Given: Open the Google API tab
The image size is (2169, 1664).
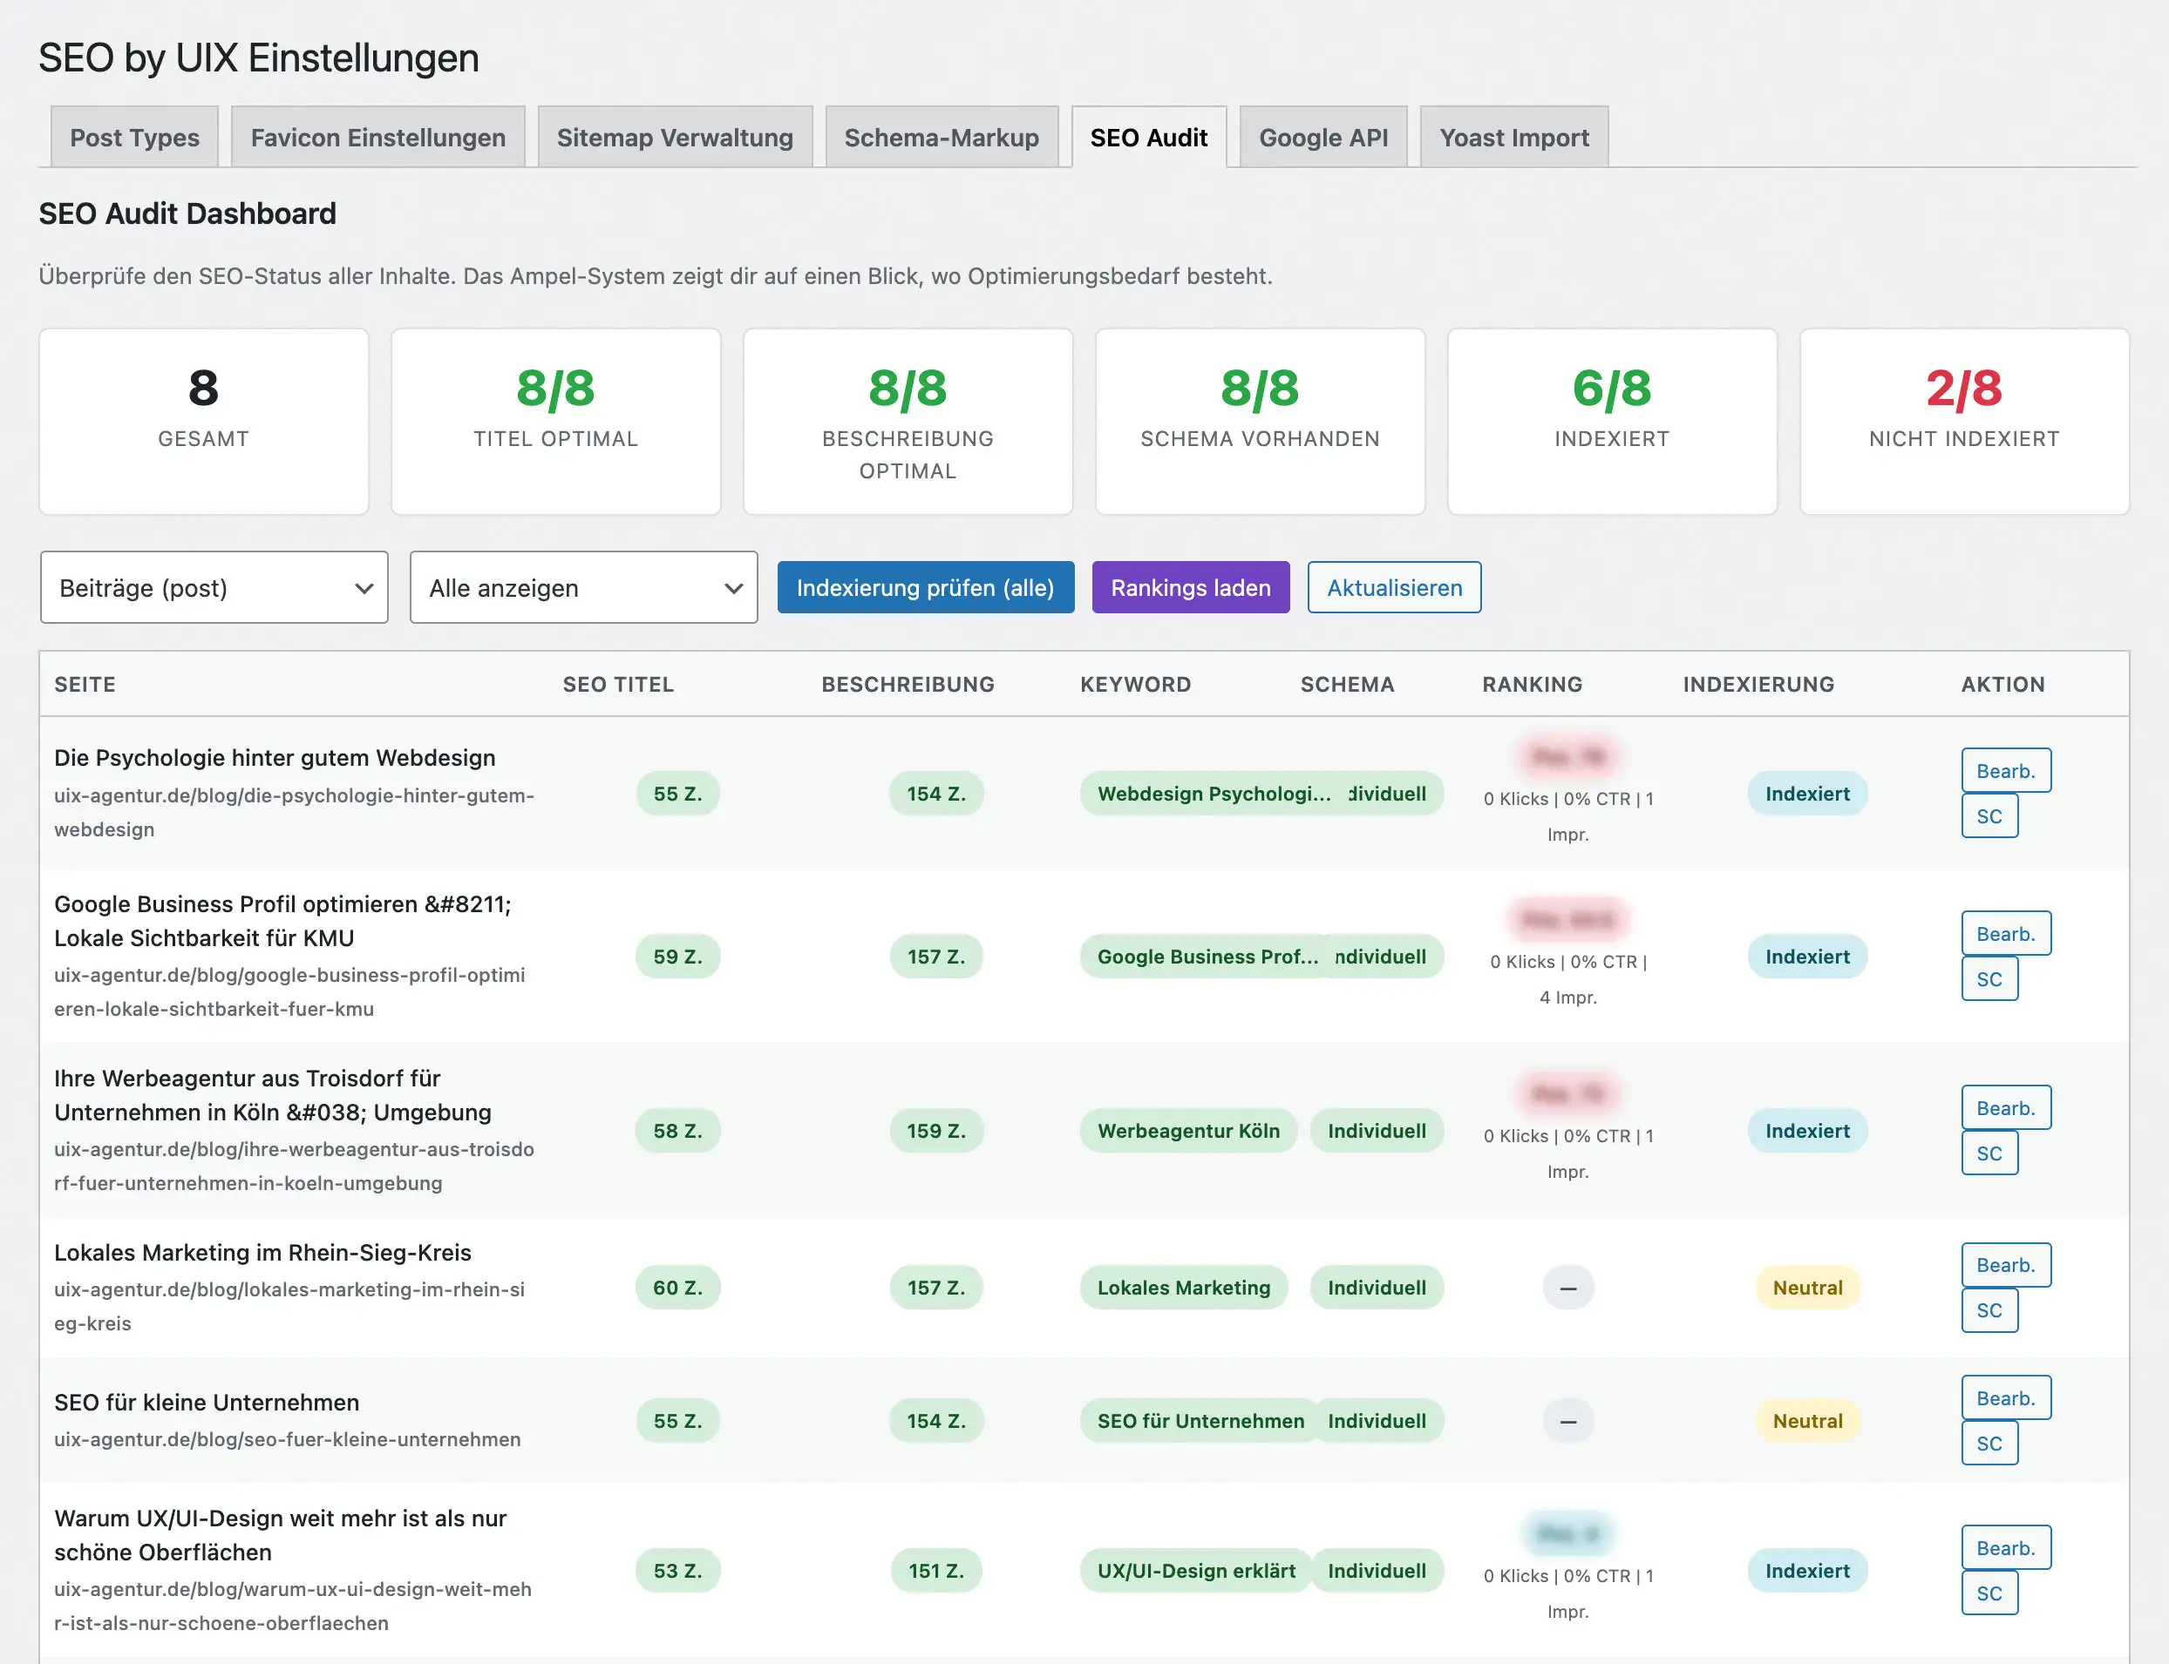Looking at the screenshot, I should [1322, 138].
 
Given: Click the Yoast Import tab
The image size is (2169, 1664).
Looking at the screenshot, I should [1513, 138].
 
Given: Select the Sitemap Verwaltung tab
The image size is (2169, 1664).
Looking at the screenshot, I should [674, 138].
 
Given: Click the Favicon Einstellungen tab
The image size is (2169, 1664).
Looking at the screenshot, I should [377, 138].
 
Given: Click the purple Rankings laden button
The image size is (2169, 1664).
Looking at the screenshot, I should [1190, 587].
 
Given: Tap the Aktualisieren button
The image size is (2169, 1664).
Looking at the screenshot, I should [1393, 587].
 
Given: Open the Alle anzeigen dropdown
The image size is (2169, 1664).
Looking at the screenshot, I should [583, 587].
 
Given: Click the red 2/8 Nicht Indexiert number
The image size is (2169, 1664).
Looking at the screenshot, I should [1963, 389].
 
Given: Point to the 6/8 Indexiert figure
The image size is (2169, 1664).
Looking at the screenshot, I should [1611, 389].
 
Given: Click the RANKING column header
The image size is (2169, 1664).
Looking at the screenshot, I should [1531, 685].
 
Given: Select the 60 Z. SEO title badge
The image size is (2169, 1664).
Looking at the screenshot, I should [677, 1288].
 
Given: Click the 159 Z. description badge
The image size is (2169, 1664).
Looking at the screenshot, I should [935, 1130].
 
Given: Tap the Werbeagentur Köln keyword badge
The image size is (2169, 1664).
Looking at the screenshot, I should [1188, 1130].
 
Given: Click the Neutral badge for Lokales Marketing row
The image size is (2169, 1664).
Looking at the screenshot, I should [1806, 1288].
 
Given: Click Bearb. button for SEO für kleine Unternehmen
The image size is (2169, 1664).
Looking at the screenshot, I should [2004, 1397].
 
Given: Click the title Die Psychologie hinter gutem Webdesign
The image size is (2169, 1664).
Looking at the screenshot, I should [275, 758].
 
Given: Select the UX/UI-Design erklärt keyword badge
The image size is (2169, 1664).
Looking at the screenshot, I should [1195, 1570].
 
